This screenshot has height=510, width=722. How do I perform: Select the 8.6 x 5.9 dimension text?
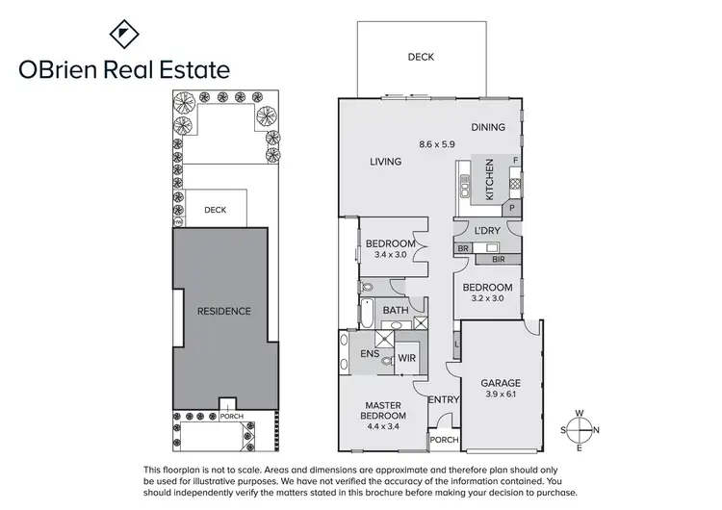coord(436,144)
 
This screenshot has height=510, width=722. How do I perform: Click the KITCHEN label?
coord(489,179)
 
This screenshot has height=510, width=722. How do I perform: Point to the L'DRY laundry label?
coord(487,231)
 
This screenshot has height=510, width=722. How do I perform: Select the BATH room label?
coord(395,311)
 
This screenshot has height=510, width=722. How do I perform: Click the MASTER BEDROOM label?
coord(383,411)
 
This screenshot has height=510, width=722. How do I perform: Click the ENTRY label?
coord(444,399)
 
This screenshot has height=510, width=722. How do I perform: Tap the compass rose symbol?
coord(580,430)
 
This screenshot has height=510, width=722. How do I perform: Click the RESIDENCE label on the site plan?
coord(223,311)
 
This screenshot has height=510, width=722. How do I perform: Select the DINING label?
coord(488,127)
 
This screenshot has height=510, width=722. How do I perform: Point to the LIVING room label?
coord(385,162)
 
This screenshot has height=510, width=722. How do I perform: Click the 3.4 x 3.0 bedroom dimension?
coord(391,256)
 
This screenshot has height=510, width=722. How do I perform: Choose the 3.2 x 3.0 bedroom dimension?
coord(487,300)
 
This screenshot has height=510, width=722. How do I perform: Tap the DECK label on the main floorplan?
coord(421,57)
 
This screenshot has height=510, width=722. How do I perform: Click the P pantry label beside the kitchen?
coord(513,207)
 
